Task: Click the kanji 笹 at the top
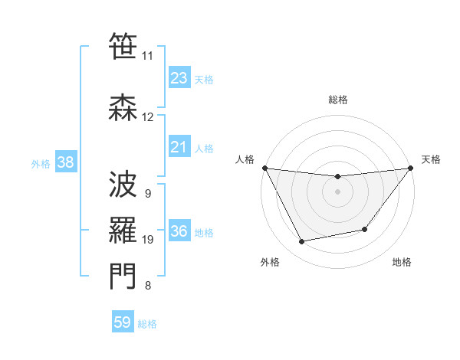(x=123, y=47)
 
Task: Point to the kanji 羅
(x=123, y=229)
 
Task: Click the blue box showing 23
(x=179, y=78)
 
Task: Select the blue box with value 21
(x=179, y=147)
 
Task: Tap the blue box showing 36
(x=179, y=231)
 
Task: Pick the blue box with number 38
(x=65, y=162)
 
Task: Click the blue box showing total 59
(x=123, y=322)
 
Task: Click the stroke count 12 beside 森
(x=147, y=117)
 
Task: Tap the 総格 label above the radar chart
(x=337, y=100)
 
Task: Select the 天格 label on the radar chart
(x=431, y=159)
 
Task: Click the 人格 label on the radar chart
(x=245, y=159)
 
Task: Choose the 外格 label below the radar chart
(x=270, y=262)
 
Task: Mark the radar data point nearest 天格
(x=410, y=168)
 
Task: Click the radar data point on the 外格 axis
(x=302, y=242)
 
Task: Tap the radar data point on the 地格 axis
(x=365, y=229)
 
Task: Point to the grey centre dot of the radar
(x=337, y=191)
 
